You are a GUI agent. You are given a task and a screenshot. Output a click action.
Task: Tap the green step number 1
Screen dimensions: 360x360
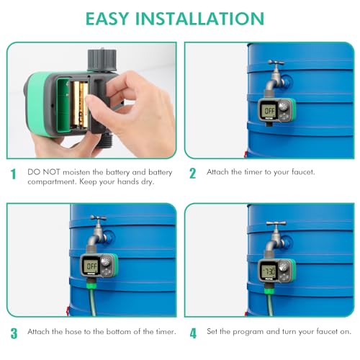pyautogui.click(x=12, y=174)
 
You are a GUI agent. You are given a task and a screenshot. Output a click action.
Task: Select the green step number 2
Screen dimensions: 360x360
pyautogui.click(x=192, y=174)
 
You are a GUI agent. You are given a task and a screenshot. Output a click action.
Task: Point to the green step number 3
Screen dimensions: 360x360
pyautogui.click(x=12, y=333)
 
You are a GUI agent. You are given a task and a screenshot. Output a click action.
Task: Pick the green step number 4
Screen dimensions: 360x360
pyautogui.click(x=192, y=333)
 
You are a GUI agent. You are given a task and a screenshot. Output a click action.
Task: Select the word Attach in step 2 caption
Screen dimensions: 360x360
pyautogui.click(x=219, y=172)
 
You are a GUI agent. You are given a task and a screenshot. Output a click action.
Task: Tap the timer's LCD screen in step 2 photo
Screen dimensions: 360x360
pyautogui.click(x=268, y=112)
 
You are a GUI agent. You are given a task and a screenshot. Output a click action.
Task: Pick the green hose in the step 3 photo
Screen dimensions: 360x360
pyautogui.click(x=85, y=302)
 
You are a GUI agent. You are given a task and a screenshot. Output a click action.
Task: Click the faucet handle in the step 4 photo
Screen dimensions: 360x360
pyautogui.click(x=274, y=225)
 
